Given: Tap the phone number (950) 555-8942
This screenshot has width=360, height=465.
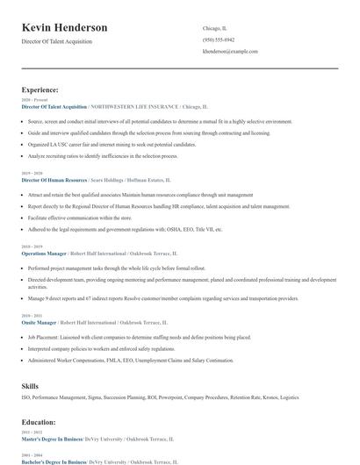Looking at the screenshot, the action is click(x=219, y=39).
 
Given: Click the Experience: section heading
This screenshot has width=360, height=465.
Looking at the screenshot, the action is click(x=40, y=89).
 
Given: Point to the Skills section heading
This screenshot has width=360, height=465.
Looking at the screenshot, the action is click(x=31, y=385).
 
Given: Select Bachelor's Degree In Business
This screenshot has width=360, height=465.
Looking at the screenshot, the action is click(x=54, y=460).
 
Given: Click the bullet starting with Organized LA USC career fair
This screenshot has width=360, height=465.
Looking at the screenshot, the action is click(x=112, y=143).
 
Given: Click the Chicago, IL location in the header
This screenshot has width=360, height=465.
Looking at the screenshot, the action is click(x=216, y=27).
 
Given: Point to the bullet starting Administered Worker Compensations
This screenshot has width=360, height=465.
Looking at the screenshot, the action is click(x=131, y=358).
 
